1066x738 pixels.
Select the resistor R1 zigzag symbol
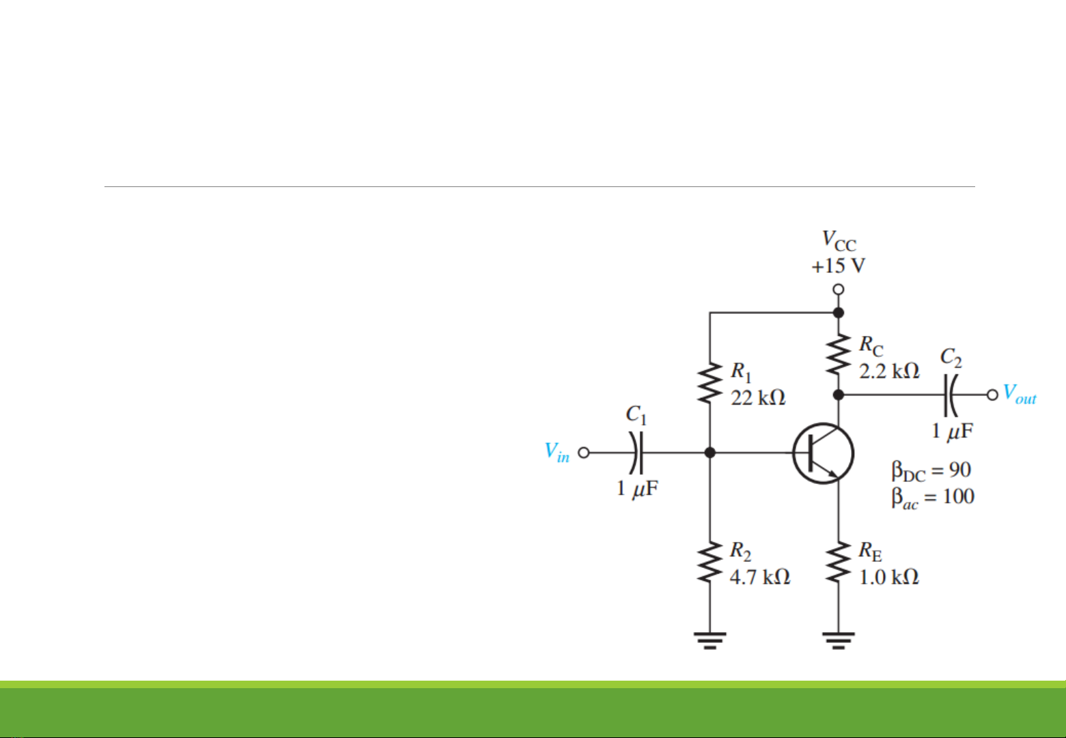click(710, 384)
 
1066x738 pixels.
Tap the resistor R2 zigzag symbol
click(710, 563)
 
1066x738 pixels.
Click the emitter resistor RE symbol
click(839, 563)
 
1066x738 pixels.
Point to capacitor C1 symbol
click(636, 452)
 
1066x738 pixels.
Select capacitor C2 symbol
click(950, 395)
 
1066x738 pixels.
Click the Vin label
click(557, 452)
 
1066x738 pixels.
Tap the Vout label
click(1020, 395)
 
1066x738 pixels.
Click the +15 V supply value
click(839, 266)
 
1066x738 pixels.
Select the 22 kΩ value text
click(758, 397)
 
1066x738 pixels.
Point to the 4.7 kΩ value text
click(759, 578)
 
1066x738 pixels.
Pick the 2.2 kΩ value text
click(889, 371)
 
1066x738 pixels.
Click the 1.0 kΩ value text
click(888, 578)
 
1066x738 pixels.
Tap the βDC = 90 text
click(931, 470)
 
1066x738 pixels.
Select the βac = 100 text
click(932, 498)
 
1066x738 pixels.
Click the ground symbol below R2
click(710, 640)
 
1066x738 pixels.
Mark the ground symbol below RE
click(839, 640)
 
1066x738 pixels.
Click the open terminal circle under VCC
click(839, 289)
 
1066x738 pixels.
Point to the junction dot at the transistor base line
click(710, 452)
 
